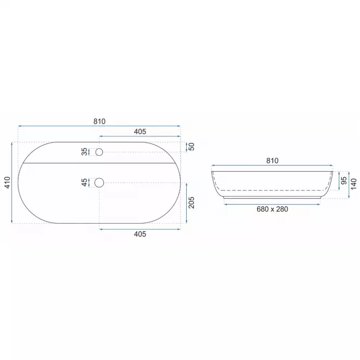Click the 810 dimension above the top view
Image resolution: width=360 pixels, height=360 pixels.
100,121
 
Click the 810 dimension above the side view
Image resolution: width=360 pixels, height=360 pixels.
272,160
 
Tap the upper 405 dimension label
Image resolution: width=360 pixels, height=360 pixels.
140,132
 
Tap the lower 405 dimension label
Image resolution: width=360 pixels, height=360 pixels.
140,234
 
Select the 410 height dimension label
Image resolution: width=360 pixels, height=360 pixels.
8,182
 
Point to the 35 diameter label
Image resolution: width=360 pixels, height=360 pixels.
84,152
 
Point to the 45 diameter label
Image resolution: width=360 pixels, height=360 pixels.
84,182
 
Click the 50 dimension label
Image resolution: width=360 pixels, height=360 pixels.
192,147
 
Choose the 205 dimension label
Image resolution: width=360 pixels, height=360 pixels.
192,202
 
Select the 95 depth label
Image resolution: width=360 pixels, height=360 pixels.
344,180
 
